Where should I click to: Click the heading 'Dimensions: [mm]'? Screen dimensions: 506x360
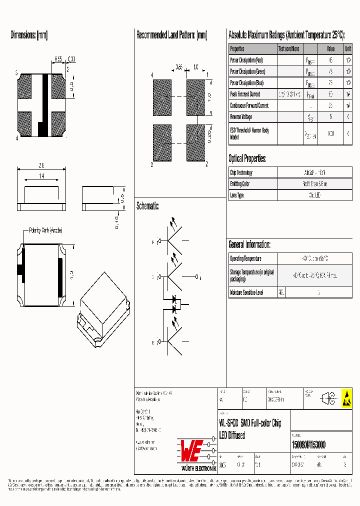[x=29, y=35]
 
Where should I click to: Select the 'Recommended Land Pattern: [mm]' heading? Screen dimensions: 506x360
[x=171, y=35]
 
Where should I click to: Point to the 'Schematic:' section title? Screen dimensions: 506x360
[x=147, y=206]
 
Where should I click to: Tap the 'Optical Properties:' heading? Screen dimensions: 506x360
[x=247, y=159]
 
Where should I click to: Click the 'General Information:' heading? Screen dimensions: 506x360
[x=249, y=244]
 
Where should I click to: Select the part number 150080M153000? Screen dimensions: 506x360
[x=308, y=445]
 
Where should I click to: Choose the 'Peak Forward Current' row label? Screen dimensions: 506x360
[x=245, y=94]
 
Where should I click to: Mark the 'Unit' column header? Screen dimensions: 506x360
[x=347, y=49]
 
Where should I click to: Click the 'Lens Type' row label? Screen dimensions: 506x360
[x=237, y=195]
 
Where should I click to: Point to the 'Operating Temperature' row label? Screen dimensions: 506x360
[x=245, y=258]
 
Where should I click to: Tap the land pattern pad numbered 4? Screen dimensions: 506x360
[x=162, y=97]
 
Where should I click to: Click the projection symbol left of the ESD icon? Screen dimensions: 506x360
[x=328, y=398]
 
